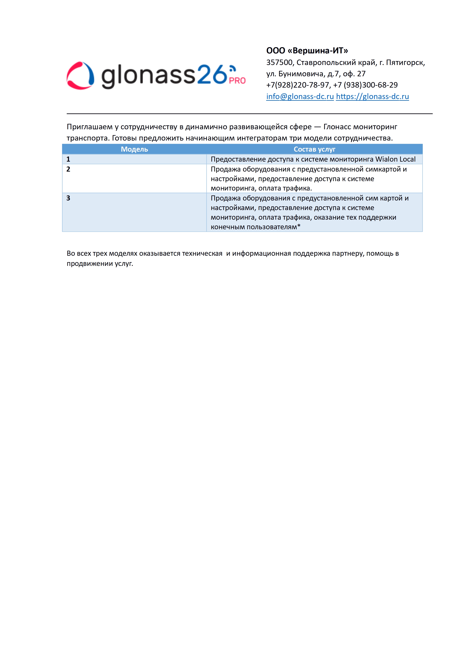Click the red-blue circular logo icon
[x=80, y=76]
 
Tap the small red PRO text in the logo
[x=237, y=81]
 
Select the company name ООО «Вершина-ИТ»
[x=307, y=51]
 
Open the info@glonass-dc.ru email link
[x=300, y=96]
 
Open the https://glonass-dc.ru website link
[x=372, y=96]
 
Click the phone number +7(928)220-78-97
[x=298, y=85]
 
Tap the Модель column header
[x=134, y=149]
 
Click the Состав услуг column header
[x=314, y=149]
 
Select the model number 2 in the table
[x=68, y=169]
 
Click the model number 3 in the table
[x=68, y=198]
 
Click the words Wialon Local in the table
[x=395, y=159]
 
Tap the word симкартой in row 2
[x=383, y=169]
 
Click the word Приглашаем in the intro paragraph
[x=90, y=127]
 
